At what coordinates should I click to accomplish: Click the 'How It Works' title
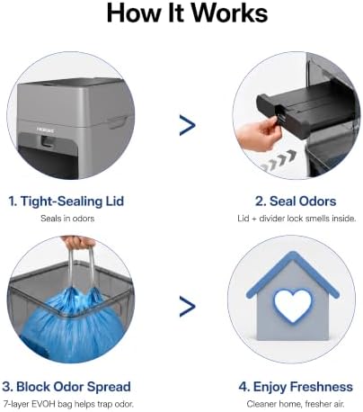point(187,13)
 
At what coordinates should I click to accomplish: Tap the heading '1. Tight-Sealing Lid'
point(66,201)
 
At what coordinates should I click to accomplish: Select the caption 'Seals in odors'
point(67,219)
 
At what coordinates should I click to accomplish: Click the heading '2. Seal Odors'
point(296,201)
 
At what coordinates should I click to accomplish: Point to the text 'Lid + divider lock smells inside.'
point(297,219)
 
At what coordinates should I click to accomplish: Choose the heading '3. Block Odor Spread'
point(66,387)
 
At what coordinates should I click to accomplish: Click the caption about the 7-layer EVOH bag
point(68,404)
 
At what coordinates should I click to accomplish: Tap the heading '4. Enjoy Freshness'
point(296,387)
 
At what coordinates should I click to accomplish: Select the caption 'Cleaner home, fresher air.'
point(296,404)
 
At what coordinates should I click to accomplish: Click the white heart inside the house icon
point(294,305)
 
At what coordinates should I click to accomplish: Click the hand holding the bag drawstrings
point(77,242)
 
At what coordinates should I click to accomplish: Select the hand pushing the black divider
point(259,133)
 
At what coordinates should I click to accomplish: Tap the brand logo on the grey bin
point(46,130)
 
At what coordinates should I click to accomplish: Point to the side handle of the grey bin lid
point(118,122)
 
